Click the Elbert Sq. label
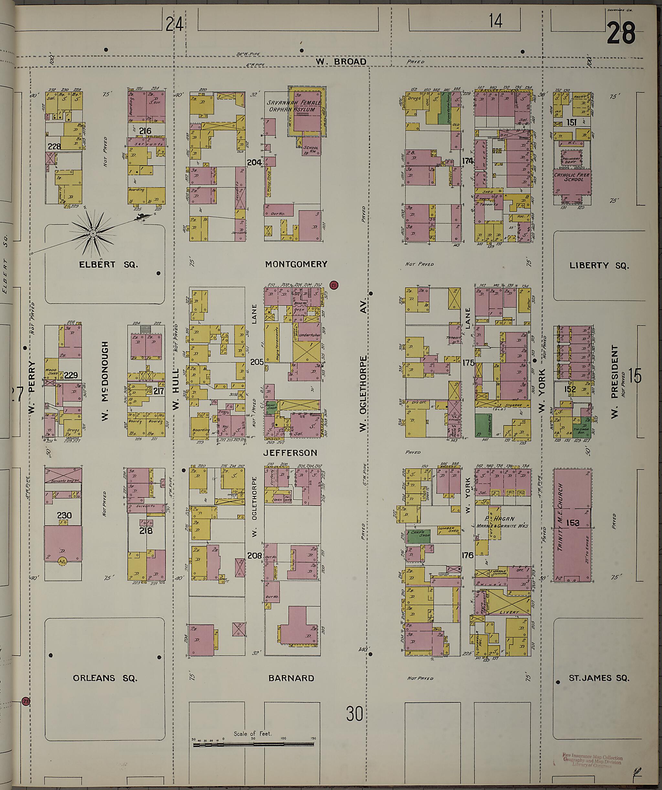click(108, 264)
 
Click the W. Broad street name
click(341, 61)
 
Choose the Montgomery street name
click(296, 264)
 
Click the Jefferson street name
click(290, 453)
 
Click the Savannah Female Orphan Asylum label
click(294, 106)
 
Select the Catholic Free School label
click(572, 177)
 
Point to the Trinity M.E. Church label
click(560, 523)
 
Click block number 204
click(254, 163)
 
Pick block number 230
click(65, 515)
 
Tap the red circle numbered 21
click(334, 285)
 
